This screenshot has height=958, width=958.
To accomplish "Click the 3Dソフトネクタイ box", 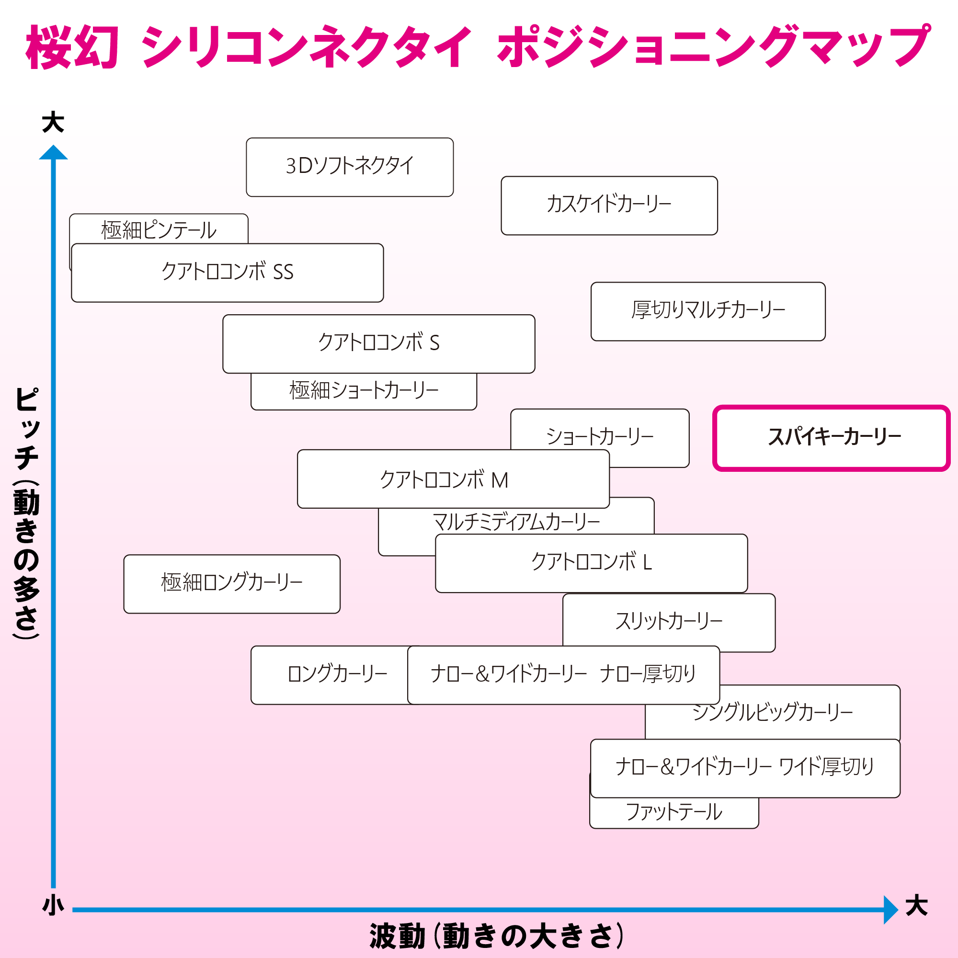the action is click(x=350, y=167).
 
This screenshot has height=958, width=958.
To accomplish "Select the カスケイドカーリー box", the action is click(x=609, y=205).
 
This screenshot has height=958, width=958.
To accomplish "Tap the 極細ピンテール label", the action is click(x=159, y=230).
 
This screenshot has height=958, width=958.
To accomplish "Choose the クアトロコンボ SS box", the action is click(x=227, y=273).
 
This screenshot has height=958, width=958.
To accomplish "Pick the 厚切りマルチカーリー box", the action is click(x=708, y=311).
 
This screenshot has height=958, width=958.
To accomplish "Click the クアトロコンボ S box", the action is click(x=379, y=343).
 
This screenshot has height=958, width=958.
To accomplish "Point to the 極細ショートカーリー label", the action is click(x=364, y=390).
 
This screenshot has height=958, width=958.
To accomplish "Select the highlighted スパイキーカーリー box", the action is click(x=832, y=438).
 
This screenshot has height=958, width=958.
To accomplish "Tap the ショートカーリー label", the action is click(x=600, y=436).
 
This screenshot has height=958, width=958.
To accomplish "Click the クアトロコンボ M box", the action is click(x=453, y=479).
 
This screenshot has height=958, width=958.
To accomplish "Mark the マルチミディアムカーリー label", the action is click(x=516, y=522).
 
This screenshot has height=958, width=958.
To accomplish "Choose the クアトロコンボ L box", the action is click(x=591, y=563).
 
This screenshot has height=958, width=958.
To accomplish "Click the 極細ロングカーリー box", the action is click(x=231, y=584).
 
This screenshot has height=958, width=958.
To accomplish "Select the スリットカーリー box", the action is click(x=669, y=623).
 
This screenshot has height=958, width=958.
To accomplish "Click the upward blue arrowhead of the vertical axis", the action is click(x=53, y=152).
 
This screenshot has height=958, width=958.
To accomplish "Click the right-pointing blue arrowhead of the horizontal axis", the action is click(x=891, y=910).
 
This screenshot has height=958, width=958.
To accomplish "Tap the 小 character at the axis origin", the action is click(x=53, y=905).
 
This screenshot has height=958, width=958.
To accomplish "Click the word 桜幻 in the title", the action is click(x=72, y=47).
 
